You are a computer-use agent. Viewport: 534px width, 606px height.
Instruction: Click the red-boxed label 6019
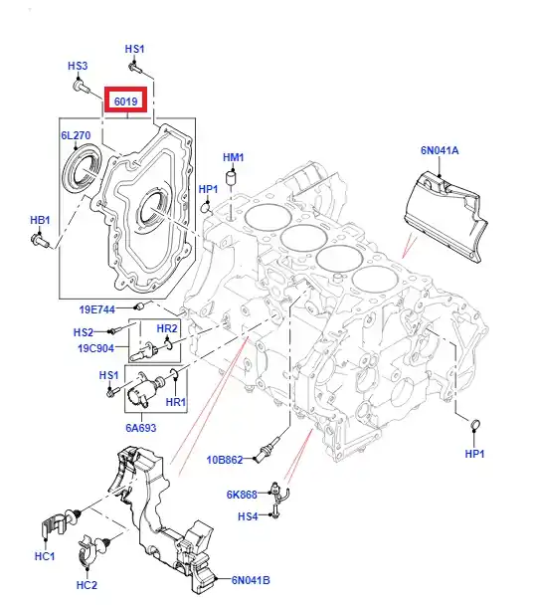coord(126,101)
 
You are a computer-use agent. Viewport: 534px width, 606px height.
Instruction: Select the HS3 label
coord(78,66)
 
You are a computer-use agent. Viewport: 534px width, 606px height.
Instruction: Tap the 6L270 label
coord(76,135)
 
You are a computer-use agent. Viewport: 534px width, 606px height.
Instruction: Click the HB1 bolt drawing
coord(40,240)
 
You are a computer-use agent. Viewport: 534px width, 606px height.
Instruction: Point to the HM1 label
coord(234,157)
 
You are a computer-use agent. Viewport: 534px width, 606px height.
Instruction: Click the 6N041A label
coord(440,150)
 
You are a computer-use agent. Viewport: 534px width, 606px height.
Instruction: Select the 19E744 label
coord(97,309)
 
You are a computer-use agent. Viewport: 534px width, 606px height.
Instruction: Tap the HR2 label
coord(167,328)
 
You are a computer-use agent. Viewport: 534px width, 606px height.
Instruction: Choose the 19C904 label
coord(96,348)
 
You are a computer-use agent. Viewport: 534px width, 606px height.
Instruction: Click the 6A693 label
coord(141,428)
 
